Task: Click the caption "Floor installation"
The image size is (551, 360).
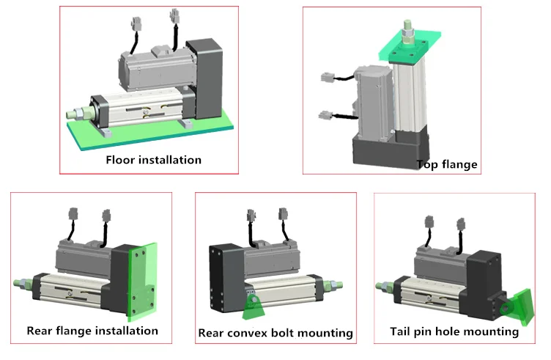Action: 153,159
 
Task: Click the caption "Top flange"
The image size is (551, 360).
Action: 446,164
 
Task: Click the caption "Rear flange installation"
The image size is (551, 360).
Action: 92,330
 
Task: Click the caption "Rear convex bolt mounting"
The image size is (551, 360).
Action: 275,334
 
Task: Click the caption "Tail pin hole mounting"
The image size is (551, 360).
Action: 455,331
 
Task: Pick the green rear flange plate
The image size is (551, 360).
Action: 139,279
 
